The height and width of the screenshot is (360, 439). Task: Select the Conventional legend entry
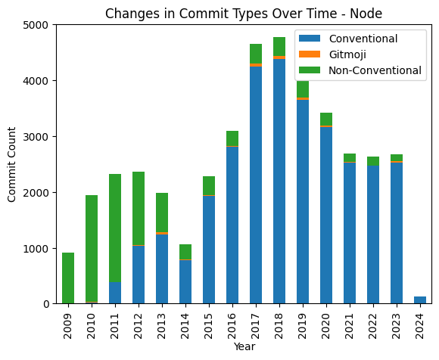[x=360, y=39]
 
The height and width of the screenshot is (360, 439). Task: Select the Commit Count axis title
[x=11, y=165]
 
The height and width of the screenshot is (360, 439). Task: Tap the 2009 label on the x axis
[x=68, y=321]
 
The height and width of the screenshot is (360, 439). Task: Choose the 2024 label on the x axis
[x=420, y=321]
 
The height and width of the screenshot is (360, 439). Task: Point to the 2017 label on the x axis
[x=256, y=321]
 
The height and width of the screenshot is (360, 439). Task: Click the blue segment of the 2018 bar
[x=279, y=182]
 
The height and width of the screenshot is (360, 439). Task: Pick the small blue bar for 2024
[x=420, y=300]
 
